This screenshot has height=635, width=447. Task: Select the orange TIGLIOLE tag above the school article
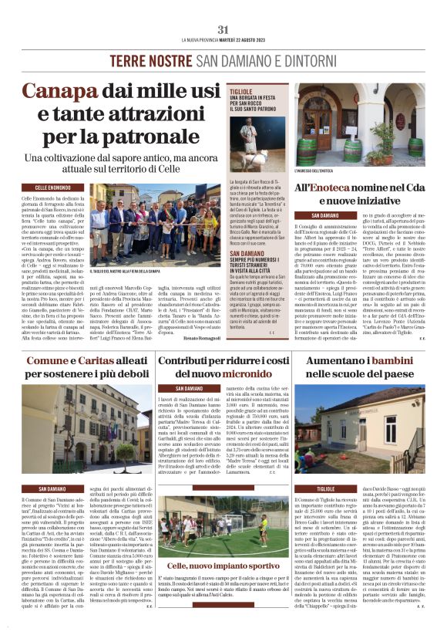click(x=327, y=489)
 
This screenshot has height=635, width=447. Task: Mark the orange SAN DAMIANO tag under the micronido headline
click(x=190, y=388)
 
